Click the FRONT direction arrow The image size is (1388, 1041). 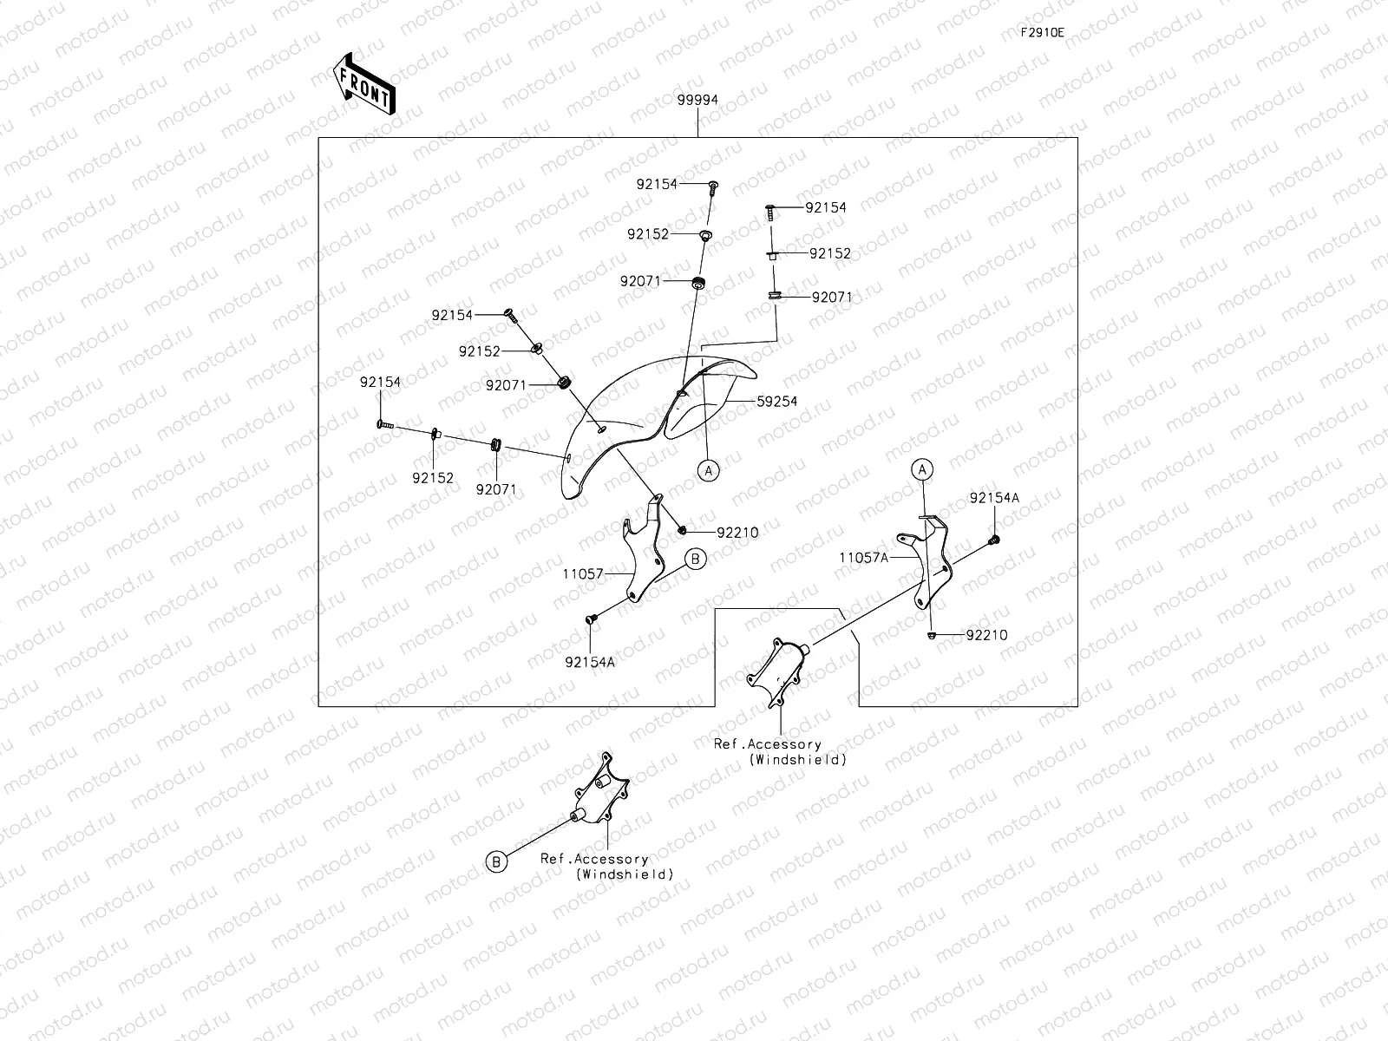coord(364,84)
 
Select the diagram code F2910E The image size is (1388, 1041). coord(1042,33)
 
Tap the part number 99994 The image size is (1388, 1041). coord(697,100)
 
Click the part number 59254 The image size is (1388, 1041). coord(777,402)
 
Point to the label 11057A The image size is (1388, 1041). coord(863,558)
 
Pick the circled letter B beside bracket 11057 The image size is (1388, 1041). coord(696,560)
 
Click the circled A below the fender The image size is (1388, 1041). coord(708,471)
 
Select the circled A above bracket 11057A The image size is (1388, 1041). coord(922,469)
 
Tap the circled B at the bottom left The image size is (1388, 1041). coord(496,861)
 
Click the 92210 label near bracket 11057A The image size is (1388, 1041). coord(986,635)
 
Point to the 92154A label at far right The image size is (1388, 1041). coord(994,498)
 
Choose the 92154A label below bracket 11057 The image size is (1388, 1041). coord(589,663)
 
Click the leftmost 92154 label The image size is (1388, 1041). coord(380,383)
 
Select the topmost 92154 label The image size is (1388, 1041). coord(657,184)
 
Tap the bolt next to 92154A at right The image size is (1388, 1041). coord(993,540)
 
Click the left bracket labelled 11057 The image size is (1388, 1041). coord(643,548)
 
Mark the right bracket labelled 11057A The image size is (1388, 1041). coord(925,561)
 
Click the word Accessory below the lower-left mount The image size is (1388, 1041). coord(612,859)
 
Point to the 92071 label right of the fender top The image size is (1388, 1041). coord(832,297)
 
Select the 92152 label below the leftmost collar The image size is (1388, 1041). coord(433,479)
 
